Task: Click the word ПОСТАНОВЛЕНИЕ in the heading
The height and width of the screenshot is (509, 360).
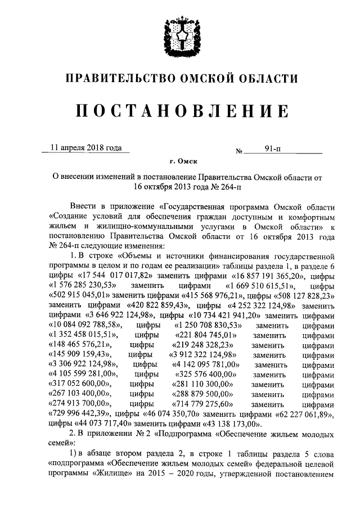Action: [x=180, y=111]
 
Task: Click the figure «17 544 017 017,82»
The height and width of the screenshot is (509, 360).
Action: [x=115, y=277]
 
